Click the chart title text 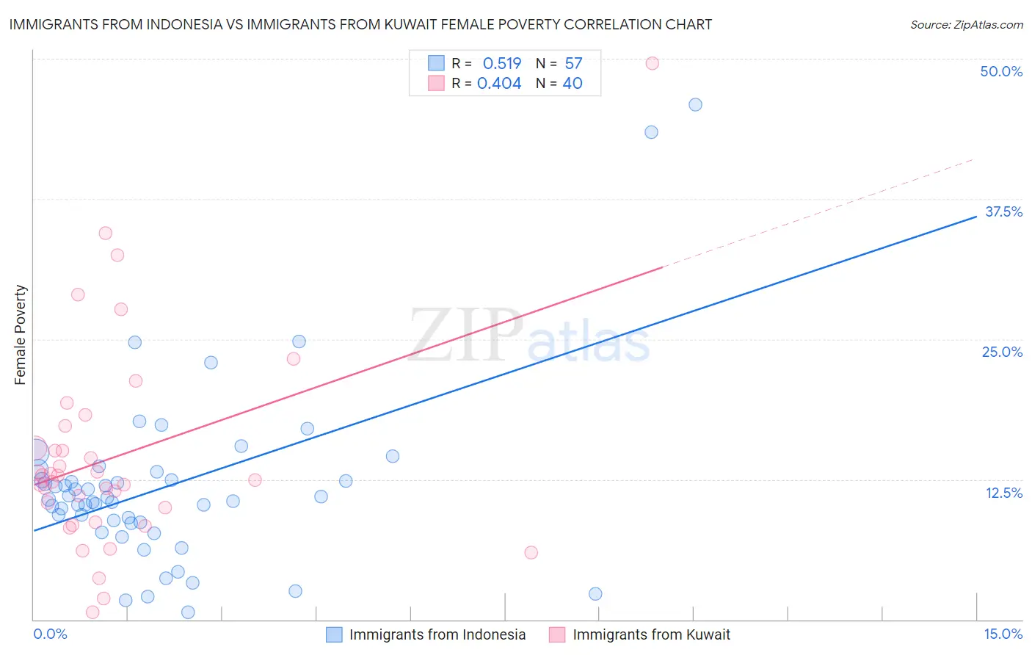pyautogui.click(x=360, y=24)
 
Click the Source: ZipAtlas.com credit pyautogui.click(x=966, y=25)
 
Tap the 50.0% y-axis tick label pyautogui.click(x=1001, y=71)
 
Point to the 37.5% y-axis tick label pyautogui.click(x=1003, y=211)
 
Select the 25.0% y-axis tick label pyautogui.click(x=1002, y=352)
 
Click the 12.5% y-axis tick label pyautogui.click(x=1003, y=493)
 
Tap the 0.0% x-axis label pyautogui.click(x=50, y=634)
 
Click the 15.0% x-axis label pyautogui.click(x=1003, y=634)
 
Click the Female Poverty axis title pyautogui.click(x=21, y=335)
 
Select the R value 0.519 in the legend pyautogui.click(x=502, y=63)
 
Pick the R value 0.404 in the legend pyautogui.click(x=499, y=84)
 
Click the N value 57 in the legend pyautogui.click(x=573, y=63)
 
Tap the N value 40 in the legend pyautogui.click(x=573, y=84)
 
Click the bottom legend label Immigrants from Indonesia pyautogui.click(x=437, y=634)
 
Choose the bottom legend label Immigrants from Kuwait pyautogui.click(x=651, y=634)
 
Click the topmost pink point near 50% pyautogui.click(x=652, y=63)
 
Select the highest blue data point pyautogui.click(x=695, y=104)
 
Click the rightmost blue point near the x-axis pyautogui.click(x=595, y=593)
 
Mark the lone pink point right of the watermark pyautogui.click(x=531, y=552)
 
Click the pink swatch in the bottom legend pyautogui.click(x=557, y=634)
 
